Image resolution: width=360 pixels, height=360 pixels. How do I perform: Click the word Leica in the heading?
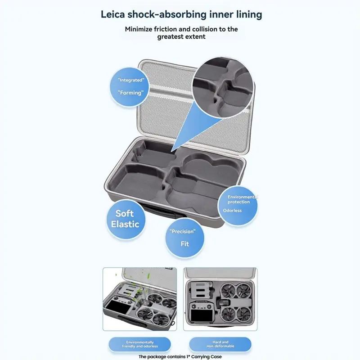point(113,14)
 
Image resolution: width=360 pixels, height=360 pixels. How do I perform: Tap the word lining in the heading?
point(249,15)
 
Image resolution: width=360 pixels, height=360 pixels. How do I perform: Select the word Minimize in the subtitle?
point(139,29)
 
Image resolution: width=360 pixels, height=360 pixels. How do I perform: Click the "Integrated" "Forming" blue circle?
point(130,87)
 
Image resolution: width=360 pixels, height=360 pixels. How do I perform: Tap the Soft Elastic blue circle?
point(126,219)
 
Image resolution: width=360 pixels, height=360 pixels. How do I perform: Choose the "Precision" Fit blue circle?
point(184,238)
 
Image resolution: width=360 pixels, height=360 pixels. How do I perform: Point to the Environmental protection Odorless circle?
point(238,206)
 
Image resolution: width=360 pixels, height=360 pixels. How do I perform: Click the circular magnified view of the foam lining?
point(223,87)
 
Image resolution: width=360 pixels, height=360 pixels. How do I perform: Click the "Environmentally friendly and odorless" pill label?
point(139,344)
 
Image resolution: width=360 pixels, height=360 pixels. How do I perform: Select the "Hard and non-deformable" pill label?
point(220,344)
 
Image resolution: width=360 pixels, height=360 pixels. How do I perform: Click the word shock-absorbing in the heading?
point(167,15)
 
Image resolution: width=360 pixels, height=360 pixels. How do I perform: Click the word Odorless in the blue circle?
point(232,211)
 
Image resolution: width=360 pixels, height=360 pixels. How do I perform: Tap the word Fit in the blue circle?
point(184,244)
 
